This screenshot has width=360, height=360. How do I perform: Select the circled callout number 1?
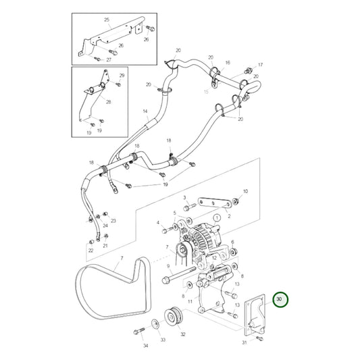pos(218,218)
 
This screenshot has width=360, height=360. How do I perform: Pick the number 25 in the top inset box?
pos(106,21)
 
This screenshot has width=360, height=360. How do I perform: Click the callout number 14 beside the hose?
pos(145,111)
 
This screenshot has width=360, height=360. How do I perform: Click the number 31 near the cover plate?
pos(245,342)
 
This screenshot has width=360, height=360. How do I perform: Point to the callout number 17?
pos(260,65)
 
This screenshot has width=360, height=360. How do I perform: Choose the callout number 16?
pos(228,61)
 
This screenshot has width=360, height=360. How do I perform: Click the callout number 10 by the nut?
pos(245,191)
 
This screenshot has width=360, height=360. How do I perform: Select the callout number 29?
pos(122,75)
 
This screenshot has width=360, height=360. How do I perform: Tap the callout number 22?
pos(91,250)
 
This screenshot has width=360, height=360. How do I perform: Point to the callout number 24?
pos(95,211)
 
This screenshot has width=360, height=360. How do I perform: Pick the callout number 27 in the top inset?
pos(109,59)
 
